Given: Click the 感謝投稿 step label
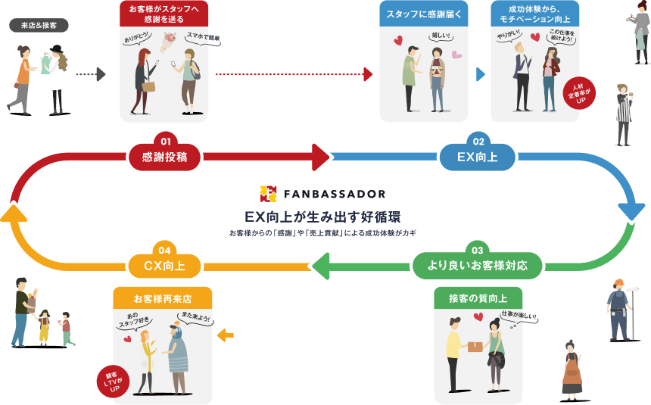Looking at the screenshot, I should click(164, 157).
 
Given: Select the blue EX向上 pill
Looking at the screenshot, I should click(477, 157).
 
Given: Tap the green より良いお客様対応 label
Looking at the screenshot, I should click(477, 266).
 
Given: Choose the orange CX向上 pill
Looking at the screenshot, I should click(164, 266).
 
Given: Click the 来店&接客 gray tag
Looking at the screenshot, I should click(39, 26).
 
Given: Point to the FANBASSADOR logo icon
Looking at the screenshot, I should click(268, 194).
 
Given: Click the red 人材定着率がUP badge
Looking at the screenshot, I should click(580, 93).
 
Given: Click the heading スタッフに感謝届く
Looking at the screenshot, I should click(423, 14).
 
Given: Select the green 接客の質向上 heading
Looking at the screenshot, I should click(478, 298).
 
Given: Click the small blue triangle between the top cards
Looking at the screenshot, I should click(480, 74).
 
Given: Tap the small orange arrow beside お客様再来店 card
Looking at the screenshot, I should click(225, 334).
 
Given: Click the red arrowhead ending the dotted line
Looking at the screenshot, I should click(368, 74).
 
